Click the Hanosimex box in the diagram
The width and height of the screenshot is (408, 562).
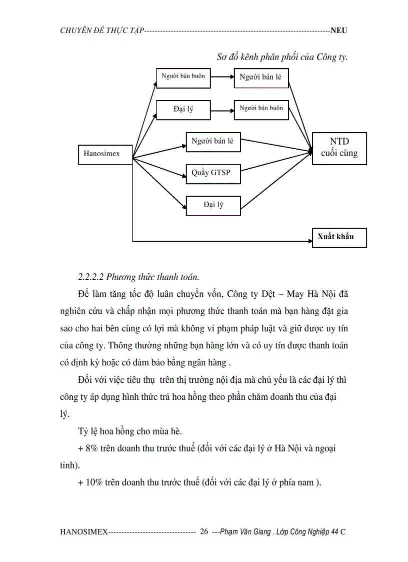click(x=105, y=154)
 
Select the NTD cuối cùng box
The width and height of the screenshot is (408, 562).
click(x=339, y=148)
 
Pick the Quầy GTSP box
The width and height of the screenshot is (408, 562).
click(x=213, y=174)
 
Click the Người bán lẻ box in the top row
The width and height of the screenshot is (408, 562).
click(x=261, y=77)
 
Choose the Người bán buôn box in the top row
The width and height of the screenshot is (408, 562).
click(x=183, y=77)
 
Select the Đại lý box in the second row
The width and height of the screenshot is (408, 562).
click(x=183, y=110)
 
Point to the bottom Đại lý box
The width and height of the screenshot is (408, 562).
click(x=213, y=205)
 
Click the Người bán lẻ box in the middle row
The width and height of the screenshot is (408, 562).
click(x=213, y=142)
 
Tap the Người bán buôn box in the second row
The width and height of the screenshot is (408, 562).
click(x=261, y=109)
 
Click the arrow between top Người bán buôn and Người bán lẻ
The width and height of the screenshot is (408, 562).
click(x=222, y=77)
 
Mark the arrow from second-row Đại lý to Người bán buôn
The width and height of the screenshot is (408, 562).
click(x=222, y=110)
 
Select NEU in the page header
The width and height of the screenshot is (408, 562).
click(x=338, y=31)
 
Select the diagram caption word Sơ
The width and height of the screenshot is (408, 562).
click(x=222, y=57)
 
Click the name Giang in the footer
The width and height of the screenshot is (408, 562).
click(x=262, y=531)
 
